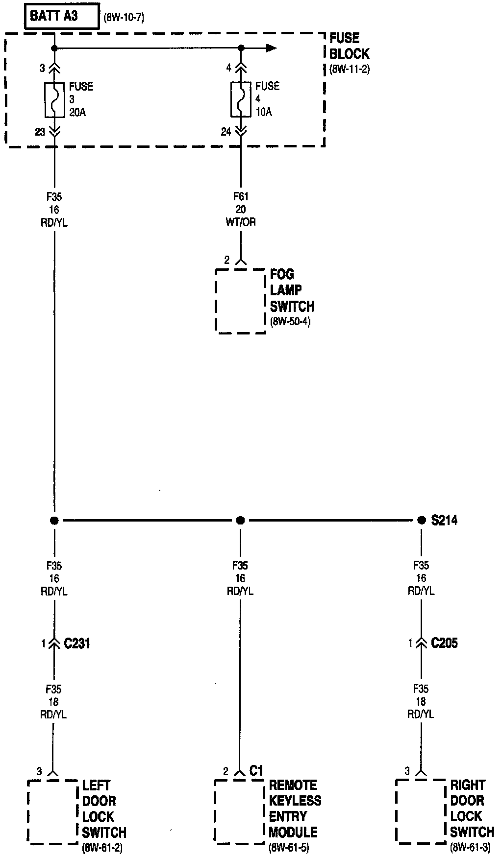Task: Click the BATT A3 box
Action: (61, 17)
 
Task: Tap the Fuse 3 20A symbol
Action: (54, 100)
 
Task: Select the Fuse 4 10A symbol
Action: (241, 100)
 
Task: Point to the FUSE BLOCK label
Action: (349, 46)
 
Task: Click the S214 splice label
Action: (444, 520)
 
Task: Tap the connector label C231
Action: (77, 643)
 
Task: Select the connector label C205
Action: (444, 643)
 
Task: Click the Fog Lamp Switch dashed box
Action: (240, 301)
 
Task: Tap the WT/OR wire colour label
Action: (241, 222)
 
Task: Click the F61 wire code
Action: (241, 197)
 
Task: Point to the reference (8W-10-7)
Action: (124, 19)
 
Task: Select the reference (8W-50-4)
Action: (290, 322)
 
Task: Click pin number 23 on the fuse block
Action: (40, 132)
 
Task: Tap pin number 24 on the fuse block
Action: (226, 132)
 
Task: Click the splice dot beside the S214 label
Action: (421, 520)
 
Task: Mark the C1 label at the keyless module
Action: (256, 771)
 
